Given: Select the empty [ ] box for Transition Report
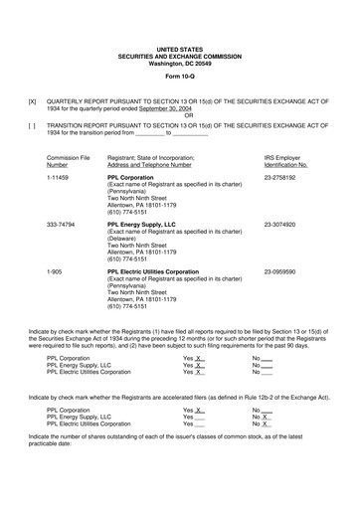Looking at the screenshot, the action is point(33,124).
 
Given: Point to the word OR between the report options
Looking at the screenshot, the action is point(180,117).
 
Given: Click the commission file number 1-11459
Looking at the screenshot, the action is point(59,176).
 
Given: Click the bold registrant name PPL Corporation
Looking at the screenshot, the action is point(130,176).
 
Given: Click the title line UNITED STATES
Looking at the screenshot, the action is point(180,48).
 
